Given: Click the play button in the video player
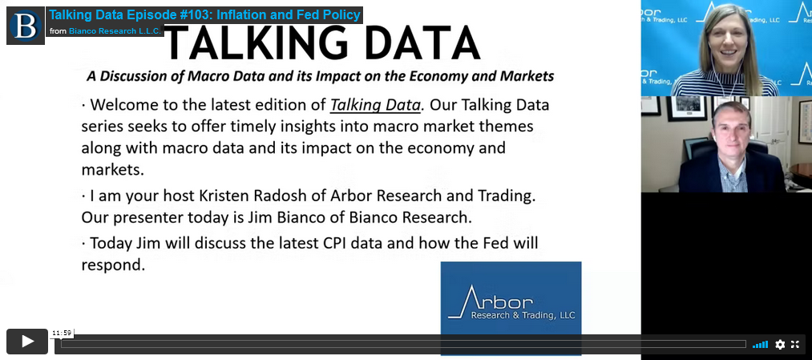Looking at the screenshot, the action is [27, 342].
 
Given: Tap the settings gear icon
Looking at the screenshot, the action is [780, 345].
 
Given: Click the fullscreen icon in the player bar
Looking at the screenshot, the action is [795, 345].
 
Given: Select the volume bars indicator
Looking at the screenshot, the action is [760, 345].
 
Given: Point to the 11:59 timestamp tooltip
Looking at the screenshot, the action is [61, 333].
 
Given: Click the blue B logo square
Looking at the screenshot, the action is [26, 26].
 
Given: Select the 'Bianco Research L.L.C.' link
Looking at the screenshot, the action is [115, 31].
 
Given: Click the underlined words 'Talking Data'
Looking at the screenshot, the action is [375, 105].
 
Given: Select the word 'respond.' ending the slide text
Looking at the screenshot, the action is [112, 265].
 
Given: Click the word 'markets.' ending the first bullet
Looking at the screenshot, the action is [111, 169].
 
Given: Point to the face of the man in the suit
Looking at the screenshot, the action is [732, 130].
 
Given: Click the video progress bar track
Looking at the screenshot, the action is [403, 344].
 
